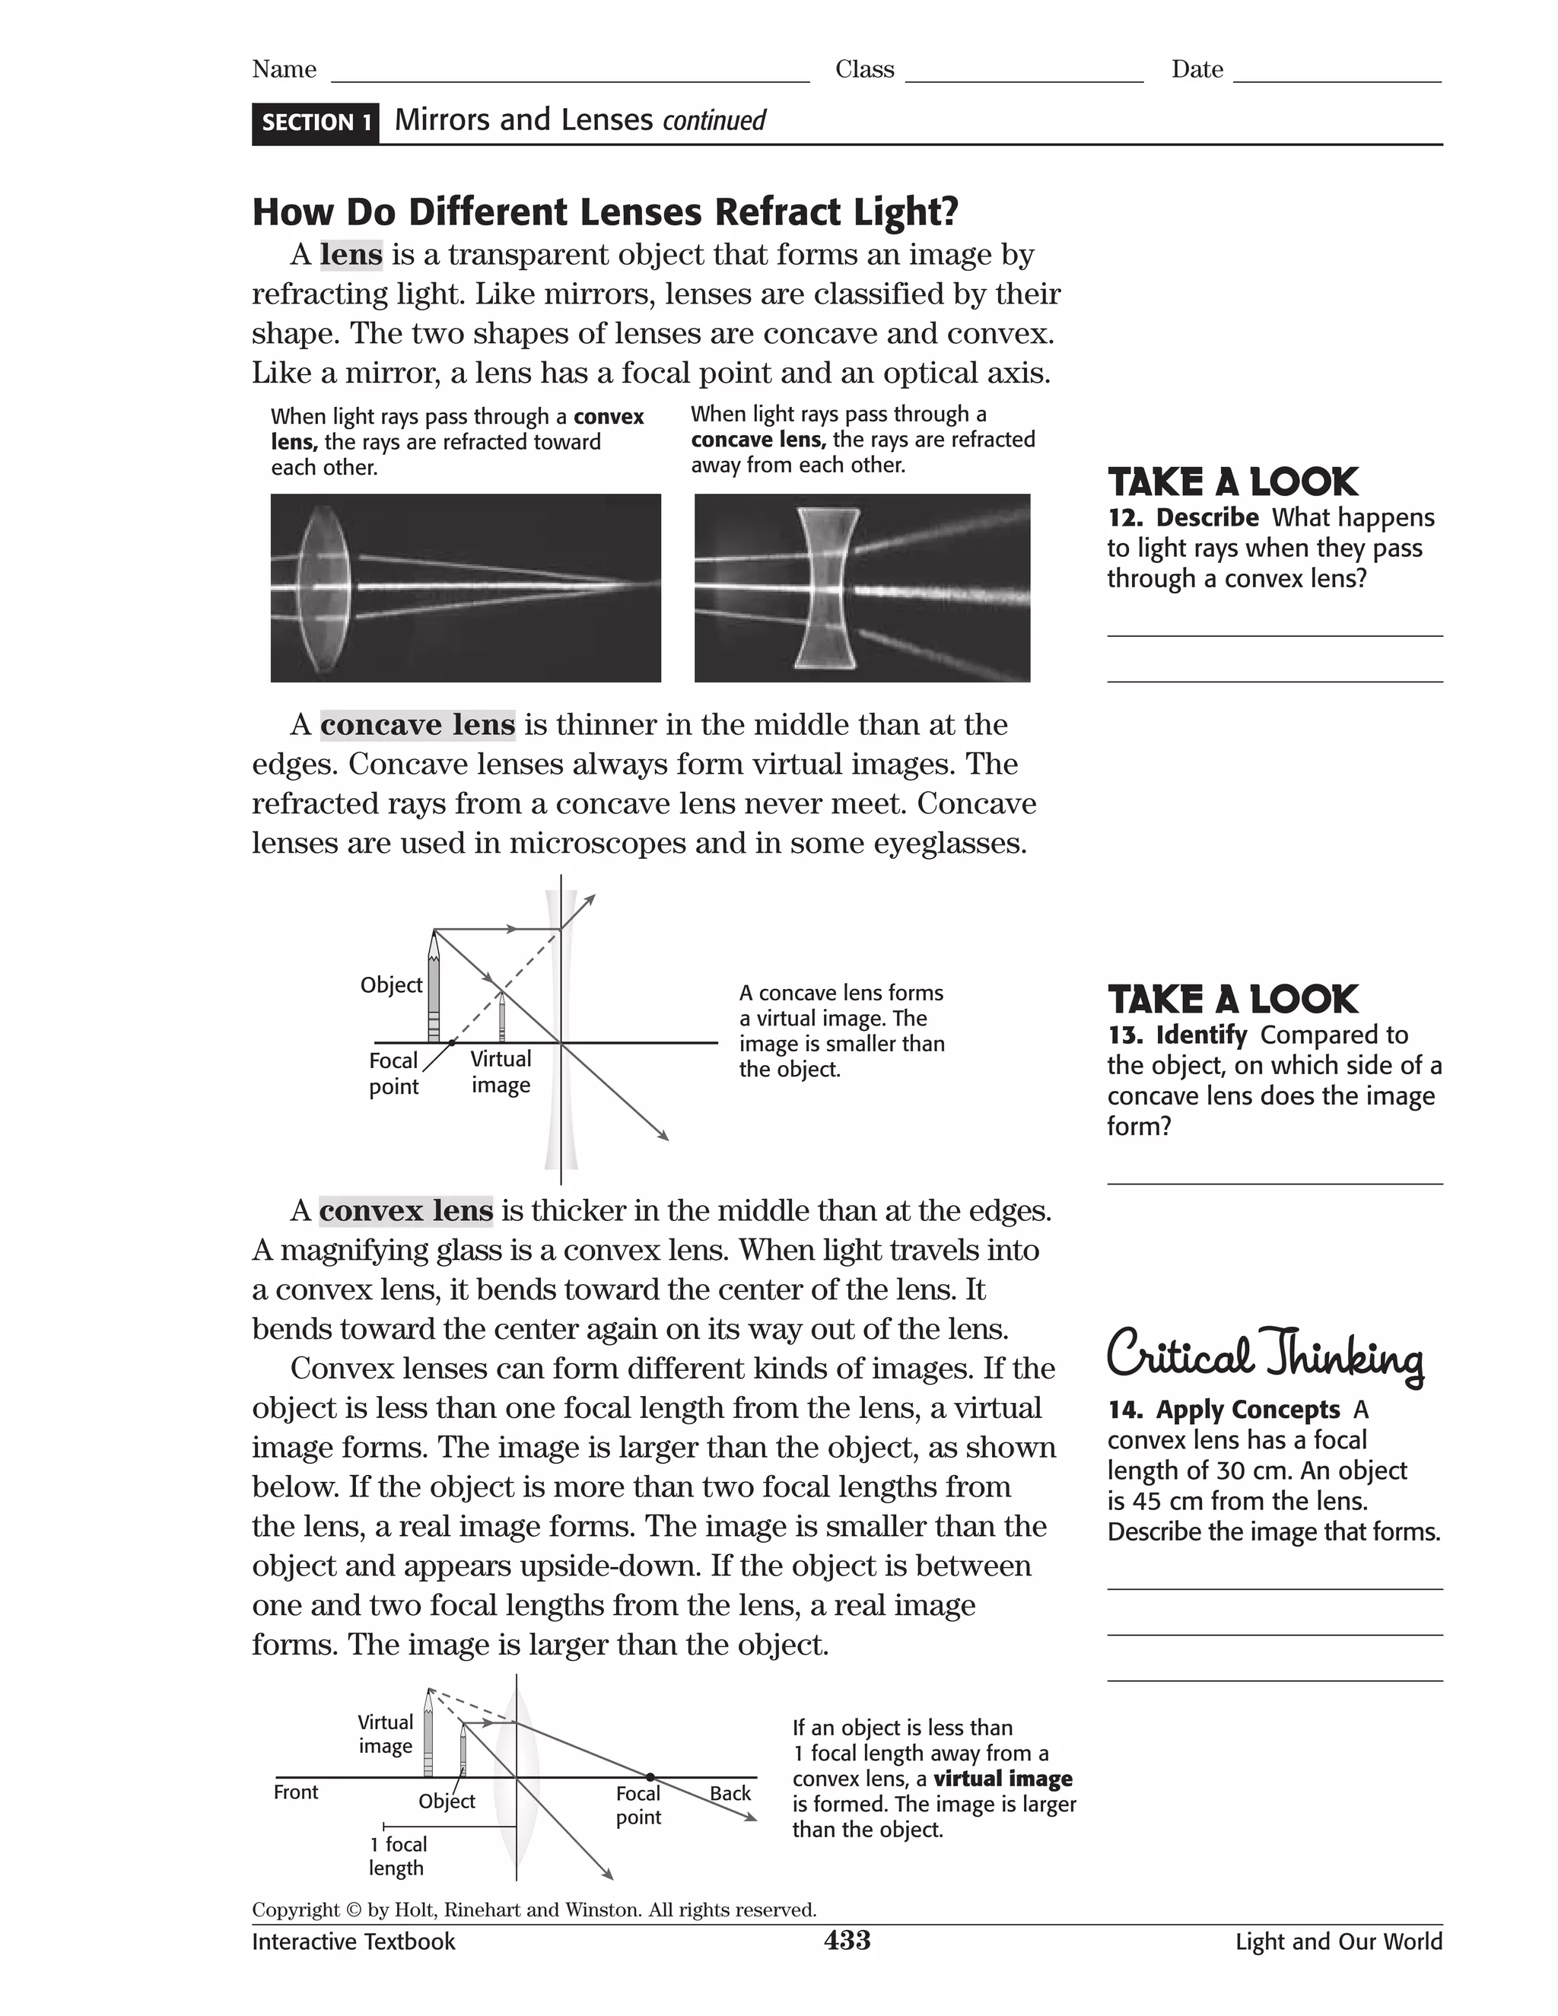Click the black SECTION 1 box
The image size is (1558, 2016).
pos(316,122)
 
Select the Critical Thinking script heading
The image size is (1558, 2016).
pos(1264,1354)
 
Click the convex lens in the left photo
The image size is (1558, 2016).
pos(323,587)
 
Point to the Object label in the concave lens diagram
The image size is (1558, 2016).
pos(391,985)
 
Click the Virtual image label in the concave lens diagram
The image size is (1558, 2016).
pos(501,1072)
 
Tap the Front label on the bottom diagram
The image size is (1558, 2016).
pos(295,1792)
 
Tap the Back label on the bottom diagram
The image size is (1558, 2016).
pos(729,1792)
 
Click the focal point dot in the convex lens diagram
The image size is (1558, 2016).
pos(650,1777)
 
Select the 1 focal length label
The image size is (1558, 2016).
pos(397,1855)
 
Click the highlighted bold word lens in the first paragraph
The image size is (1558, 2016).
pos(351,255)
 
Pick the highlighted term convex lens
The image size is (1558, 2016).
pos(406,1210)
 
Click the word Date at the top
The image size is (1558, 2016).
pos(1197,70)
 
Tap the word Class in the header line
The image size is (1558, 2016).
pos(865,70)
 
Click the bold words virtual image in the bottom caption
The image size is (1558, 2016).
pos(1003,1779)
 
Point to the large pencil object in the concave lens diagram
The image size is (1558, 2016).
pos(434,987)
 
